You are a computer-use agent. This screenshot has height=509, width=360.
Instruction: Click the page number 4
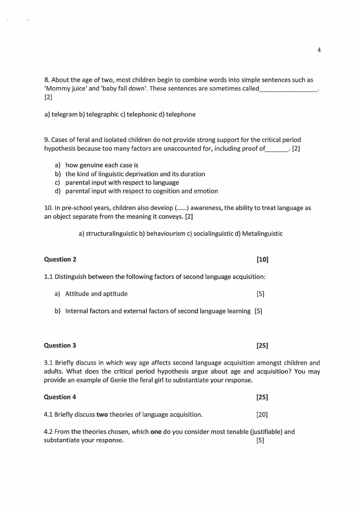(319, 50)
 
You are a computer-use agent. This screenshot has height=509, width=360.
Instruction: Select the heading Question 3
(60, 345)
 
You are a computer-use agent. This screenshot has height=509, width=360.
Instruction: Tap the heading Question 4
(60, 397)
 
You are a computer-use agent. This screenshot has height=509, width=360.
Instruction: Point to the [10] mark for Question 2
(262, 259)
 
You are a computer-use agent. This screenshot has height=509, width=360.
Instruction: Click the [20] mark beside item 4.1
(262, 414)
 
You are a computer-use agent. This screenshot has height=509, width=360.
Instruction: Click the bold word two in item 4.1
(102, 414)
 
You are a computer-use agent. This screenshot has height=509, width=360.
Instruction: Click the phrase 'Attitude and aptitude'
(96, 294)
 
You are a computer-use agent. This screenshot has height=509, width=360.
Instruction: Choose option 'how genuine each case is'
(98, 165)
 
